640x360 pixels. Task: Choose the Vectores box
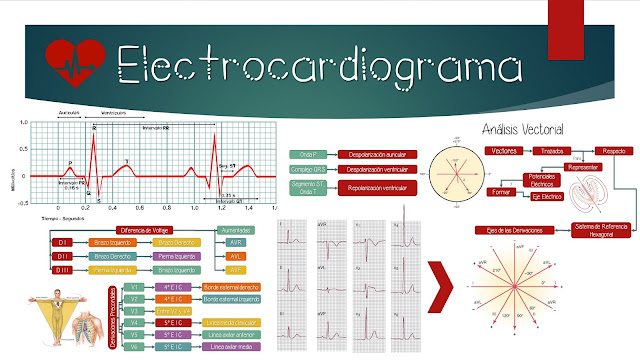click(505, 150)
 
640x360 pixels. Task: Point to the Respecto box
click(613, 150)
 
